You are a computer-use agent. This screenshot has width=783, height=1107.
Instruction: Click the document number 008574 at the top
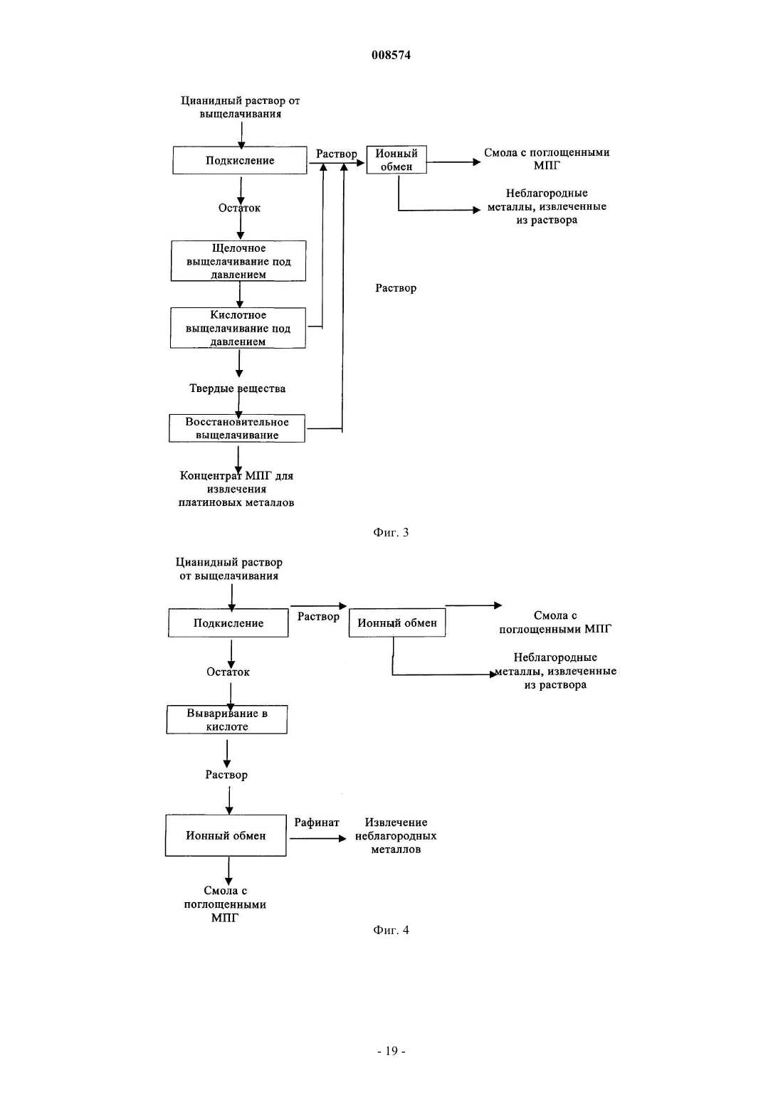[391, 55]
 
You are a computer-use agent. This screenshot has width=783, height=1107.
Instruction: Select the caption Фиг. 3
[391, 532]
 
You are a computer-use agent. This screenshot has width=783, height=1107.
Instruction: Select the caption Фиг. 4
[391, 930]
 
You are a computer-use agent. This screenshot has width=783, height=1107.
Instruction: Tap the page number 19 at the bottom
[391, 1051]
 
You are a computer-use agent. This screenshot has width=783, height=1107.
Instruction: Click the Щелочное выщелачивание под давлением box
[238, 261]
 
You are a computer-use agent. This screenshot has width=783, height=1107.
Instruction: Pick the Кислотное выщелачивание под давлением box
[238, 328]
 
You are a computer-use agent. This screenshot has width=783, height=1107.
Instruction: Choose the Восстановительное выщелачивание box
[237, 428]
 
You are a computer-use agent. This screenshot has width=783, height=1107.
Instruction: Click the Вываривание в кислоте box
[227, 719]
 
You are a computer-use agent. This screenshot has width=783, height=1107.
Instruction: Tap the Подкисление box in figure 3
[240, 160]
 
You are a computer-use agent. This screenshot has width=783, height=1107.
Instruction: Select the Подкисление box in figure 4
[228, 623]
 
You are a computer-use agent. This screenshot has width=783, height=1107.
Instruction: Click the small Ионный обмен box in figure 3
[396, 159]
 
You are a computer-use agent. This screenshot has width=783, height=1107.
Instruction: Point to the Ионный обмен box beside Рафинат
[226, 835]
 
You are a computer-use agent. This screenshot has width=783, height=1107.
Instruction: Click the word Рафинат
[316, 822]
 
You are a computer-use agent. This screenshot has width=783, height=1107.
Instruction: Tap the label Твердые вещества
[237, 388]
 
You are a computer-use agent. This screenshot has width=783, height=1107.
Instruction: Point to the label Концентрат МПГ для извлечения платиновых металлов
[236, 489]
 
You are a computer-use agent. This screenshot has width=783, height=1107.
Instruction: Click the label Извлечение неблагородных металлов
[396, 836]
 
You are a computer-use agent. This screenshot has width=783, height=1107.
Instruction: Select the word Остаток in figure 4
[228, 672]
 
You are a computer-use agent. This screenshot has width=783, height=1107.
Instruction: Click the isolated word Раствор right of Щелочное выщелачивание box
[396, 288]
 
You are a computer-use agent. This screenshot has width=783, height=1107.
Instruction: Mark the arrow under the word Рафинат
[318, 838]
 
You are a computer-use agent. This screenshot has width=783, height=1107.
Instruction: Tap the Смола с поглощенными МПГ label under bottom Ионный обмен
[225, 904]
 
